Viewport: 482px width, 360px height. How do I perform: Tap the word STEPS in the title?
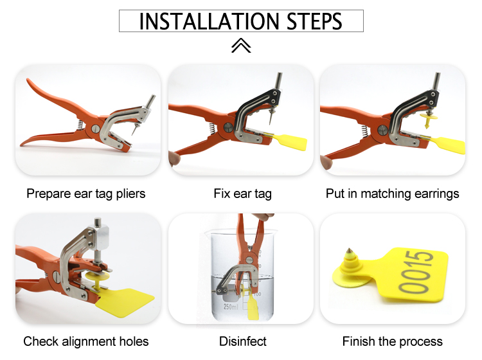pyautogui.click(x=314, y=21)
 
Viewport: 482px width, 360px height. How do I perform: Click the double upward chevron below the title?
pyautogui.click(x=241, y=46)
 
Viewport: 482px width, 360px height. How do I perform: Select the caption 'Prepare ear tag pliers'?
pyautogui.click(x=85, y=194)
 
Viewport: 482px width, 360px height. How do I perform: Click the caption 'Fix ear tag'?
pyautogui.click(x=242, y=194)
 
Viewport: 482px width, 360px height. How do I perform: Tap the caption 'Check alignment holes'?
pyautogui.click(x=85, y=341)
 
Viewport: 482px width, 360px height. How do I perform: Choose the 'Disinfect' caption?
pyautogui.click(x=242, y=341)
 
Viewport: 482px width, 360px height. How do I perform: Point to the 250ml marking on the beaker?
pyautogui.click(x=231, y=307)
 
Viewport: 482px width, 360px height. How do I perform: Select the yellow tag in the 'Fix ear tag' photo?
pyautogui.click(x=290, y=141)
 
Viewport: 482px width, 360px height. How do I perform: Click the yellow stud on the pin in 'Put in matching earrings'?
pyautogui.click(x=428, y=120)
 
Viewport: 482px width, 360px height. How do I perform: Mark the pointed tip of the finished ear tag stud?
pyautogui.click(x=349, y=248)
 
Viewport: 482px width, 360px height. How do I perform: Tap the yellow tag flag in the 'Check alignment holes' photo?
pyautogui.click(x=125, y=303)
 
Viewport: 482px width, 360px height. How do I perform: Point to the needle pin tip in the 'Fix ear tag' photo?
pyautogui.click(x=270, y=123)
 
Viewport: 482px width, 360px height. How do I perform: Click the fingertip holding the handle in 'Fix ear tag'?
pyautogui.click(x=174, y=157)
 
